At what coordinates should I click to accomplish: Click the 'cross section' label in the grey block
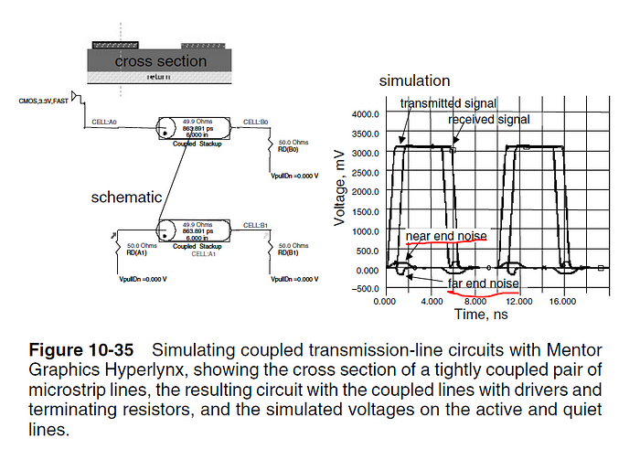pyautogui.click(x=160, y=61)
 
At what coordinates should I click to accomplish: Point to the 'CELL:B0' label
pyautogui.click(x=255, y=121)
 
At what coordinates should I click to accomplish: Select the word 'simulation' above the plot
pyautogui.click(x=414, y=81)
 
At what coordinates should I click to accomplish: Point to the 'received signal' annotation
pyautogui.click(x=489, y=120)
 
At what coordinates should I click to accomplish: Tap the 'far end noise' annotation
pyautogui.click(x=483, y=283)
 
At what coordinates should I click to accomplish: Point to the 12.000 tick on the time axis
pyautogui.click(x=518, y=301)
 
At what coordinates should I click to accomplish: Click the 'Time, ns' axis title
pyautogui.click(x=480, y=314)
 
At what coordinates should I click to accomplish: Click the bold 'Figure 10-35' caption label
pyautogui.click(x=81, y=350)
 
